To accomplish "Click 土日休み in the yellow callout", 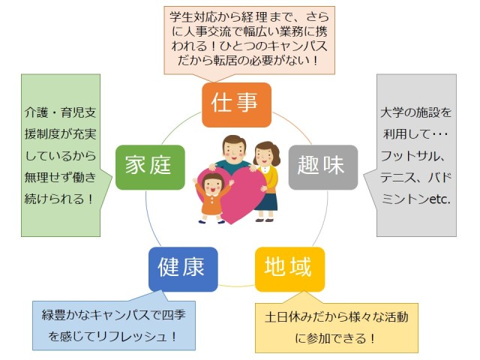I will tap(289, 316).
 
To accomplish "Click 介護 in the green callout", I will tap(38, 116).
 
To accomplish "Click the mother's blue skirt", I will tap(266, 200).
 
